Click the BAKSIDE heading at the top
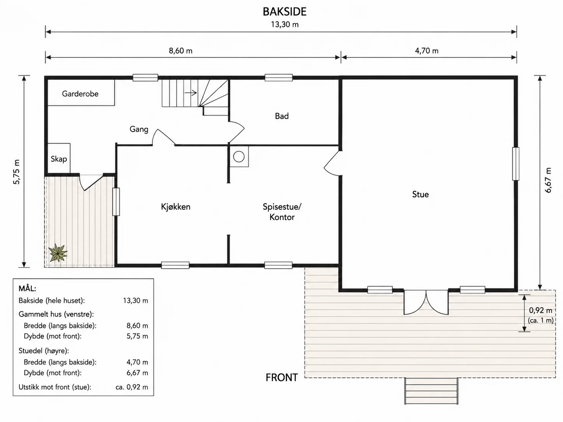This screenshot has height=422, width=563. pos(285,12)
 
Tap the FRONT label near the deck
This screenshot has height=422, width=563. pos(281,377)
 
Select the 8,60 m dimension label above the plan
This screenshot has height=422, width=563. pos(180,51)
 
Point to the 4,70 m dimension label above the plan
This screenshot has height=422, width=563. pos(427,51)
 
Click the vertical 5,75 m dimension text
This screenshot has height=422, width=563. pos(16,172)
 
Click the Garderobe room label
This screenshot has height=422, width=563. pos(80,94)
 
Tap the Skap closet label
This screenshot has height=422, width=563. pos(59,159)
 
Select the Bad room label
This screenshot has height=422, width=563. pos(281,116)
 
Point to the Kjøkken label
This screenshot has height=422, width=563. pos(176,207)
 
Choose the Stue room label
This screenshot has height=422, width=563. pos(420,194)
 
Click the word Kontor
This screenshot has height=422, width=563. pos(282,217)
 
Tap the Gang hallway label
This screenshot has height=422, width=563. pos(139,129)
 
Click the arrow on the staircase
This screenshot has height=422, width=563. pos(191,93)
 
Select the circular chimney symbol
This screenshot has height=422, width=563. pos(239,157)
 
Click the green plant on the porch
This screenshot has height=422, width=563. pos(58,253)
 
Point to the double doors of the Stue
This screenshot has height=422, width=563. pos(426,302)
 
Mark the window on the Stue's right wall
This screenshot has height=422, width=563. pos(516,164)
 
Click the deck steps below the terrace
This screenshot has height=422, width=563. pos(431,391)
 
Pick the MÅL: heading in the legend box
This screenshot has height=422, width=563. pos(27,288)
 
